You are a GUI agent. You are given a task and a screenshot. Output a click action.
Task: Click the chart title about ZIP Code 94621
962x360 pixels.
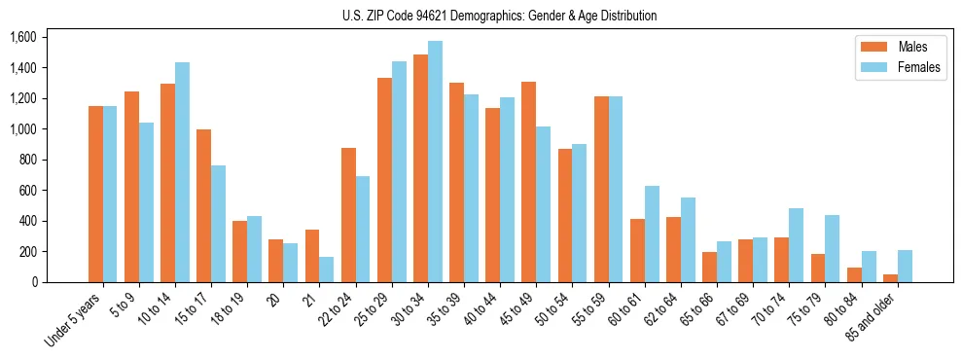499,16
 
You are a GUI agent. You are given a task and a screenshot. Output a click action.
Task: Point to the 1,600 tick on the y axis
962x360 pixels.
22,37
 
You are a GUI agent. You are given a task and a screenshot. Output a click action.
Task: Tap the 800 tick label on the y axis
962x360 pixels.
26,160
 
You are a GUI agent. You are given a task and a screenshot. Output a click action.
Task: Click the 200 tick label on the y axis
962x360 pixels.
26,251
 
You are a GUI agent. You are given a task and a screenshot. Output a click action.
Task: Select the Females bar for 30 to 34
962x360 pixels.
435,162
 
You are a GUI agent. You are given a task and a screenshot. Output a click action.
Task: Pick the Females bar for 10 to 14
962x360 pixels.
182,172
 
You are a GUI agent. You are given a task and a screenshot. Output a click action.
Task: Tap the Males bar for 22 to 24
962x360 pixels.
348,215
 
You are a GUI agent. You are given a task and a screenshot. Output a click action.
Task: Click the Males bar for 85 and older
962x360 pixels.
890,278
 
